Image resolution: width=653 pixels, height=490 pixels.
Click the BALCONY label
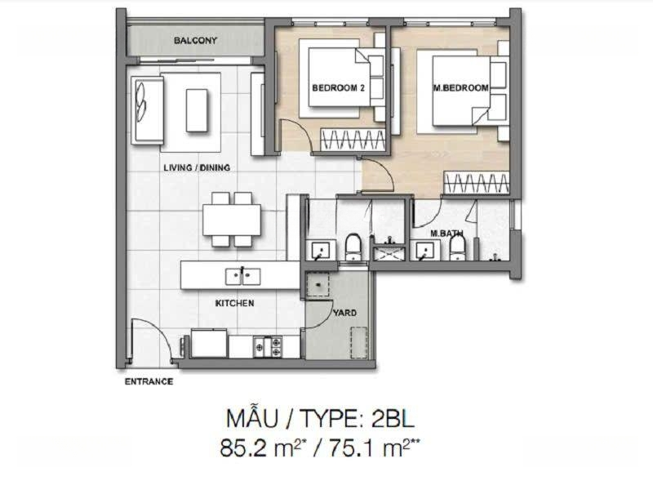pos(195,40)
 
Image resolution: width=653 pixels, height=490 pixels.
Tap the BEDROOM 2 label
pos(338,88)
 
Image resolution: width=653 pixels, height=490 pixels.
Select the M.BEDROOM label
pos(460,88)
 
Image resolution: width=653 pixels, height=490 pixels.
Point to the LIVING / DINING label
pos(197,167)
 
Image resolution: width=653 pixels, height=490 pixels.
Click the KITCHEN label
pos(234,303)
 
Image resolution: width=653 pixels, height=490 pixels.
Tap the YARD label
pos(344,313)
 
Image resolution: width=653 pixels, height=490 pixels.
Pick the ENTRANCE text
pos(149,381)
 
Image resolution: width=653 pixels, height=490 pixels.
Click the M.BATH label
pos(446,234)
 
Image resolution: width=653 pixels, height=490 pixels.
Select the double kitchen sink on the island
pos(242,276)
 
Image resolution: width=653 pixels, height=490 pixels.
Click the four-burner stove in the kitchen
pos(268,346)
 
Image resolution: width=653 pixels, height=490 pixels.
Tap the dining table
pos(232,220)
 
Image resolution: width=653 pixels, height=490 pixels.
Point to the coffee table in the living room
pos(197,110)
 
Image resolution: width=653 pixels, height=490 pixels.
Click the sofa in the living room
pos(147,110)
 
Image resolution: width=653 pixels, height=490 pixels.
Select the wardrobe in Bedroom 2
pos(353,139)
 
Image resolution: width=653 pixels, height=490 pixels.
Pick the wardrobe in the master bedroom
pos(476,182)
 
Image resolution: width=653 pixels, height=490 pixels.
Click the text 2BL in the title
pos(393,419)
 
